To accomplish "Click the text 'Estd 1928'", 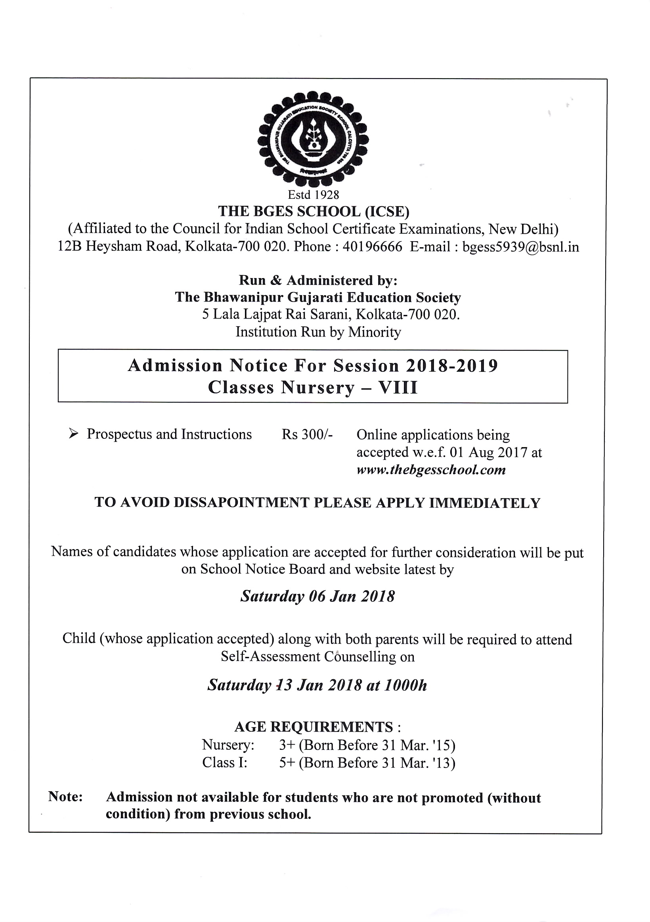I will click(314, 195).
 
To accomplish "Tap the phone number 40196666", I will click(372, 246).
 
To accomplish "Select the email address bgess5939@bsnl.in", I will click(520, 247).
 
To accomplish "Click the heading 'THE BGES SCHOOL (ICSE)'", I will click(314, 211).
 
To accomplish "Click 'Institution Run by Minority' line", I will click(318, 332).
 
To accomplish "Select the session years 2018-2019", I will click(452, 366).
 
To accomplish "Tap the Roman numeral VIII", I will click(398, 388).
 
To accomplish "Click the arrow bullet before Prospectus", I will click(73, 434).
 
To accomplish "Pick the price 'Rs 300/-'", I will click(307, 434).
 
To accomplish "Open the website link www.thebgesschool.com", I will click(431, 470).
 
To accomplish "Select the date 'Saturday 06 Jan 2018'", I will click(317, 596).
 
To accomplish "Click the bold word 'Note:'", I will click(65, 797).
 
